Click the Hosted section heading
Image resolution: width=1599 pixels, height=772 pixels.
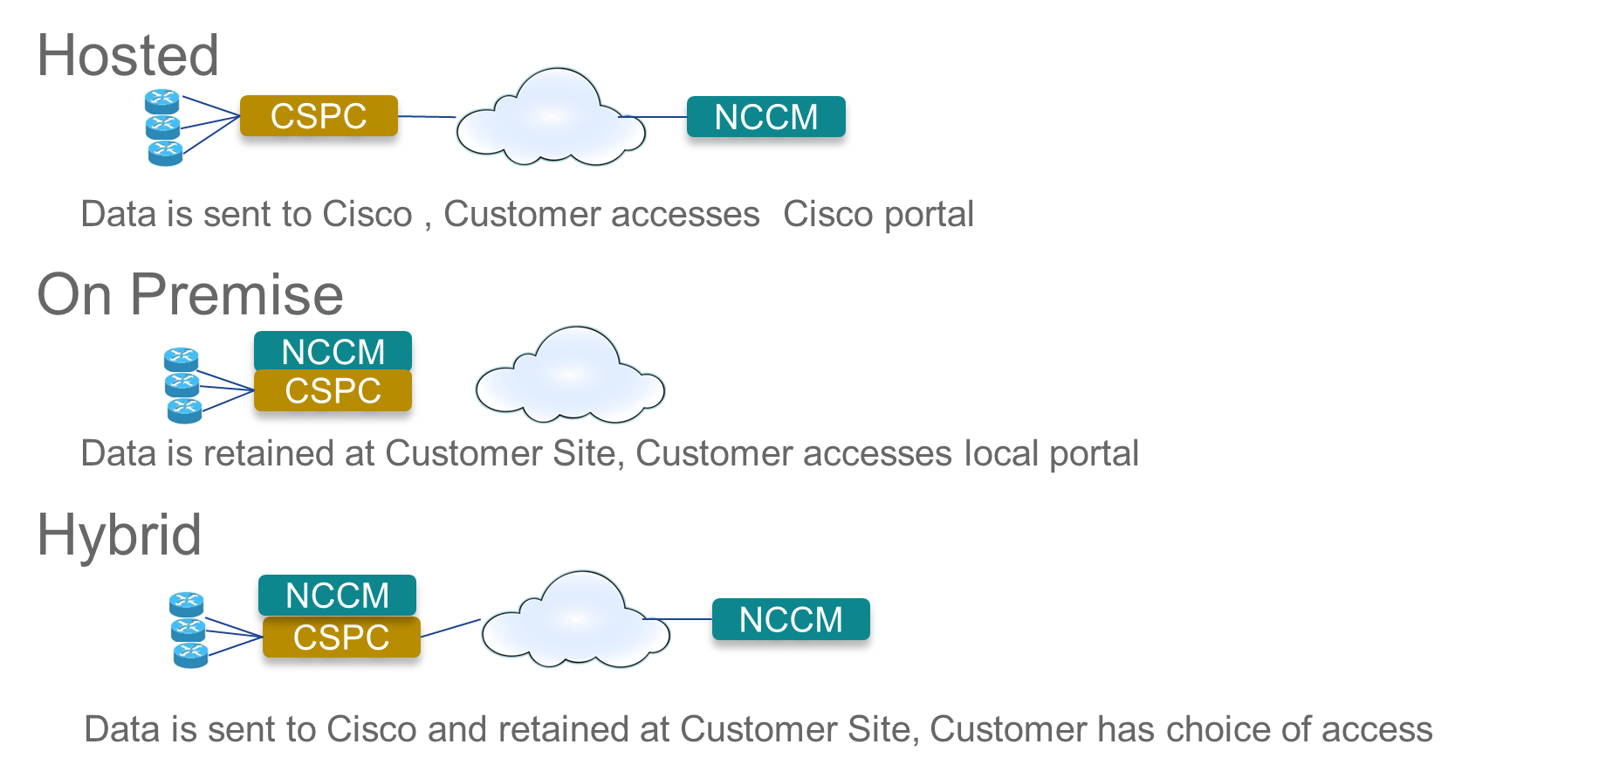(127, 56)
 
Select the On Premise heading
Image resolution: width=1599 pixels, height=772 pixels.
(190, 294)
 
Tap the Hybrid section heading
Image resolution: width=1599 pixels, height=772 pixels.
(120, 534)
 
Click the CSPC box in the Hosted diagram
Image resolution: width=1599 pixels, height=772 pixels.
(319, 116)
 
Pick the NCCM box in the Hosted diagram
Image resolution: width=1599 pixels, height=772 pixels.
(766, 117)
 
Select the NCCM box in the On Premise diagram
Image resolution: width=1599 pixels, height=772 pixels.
(333, 351)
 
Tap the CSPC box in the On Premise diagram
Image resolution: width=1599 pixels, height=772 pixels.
(333, 390)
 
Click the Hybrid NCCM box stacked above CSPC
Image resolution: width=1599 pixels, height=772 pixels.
(337, 595)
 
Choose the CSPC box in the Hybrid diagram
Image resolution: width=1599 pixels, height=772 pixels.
(341, 638)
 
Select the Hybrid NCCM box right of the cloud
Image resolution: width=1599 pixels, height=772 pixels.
(791, 619)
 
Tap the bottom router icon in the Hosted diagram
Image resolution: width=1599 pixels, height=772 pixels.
(165, 153)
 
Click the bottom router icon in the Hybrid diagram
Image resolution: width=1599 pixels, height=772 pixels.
(190, 654)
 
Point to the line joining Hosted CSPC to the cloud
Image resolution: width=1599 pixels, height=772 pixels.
(427, 116)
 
